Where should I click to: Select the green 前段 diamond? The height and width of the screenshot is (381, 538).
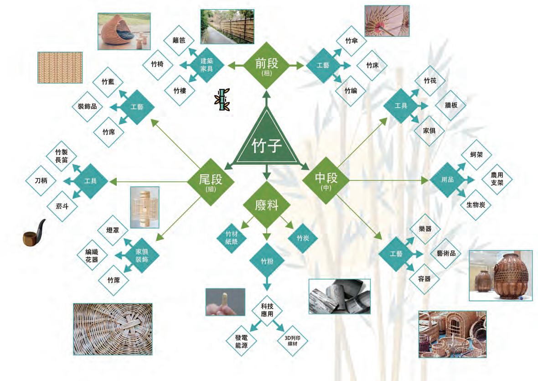tap(266, 65)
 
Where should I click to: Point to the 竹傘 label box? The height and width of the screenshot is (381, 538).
tap(351, 41)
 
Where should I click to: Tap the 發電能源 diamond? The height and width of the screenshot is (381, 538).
tap(241, 341)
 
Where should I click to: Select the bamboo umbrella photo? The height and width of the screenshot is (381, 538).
tap(387, 21)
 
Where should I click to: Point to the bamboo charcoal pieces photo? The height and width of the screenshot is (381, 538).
tap(339, 297)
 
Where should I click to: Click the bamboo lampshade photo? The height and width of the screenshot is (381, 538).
tap(145, 207)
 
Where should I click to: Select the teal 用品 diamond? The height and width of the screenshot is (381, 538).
tap(448, 179)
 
